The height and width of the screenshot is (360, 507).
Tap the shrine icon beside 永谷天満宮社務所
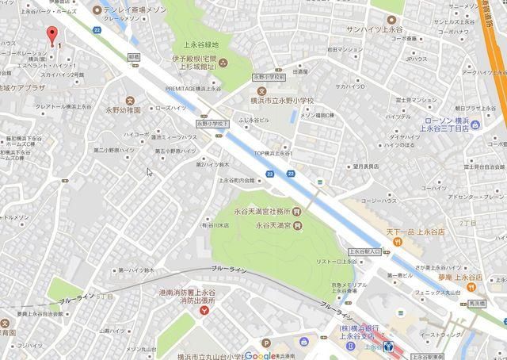(295, 213)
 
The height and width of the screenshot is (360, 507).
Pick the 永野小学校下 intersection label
(212, 124)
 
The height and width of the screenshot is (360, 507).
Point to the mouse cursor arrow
(149, 172)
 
